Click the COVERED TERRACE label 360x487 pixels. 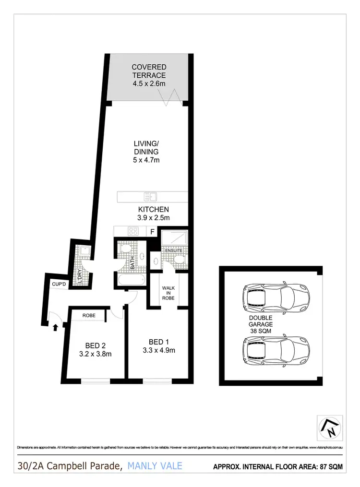coord(149,75)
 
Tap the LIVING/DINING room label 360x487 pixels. coord(146,152)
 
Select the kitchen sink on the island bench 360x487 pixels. coord(149,197)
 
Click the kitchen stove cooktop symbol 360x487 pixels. coord(133,231)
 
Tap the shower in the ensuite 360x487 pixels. coord(174,237)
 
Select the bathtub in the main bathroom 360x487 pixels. coord(129,280)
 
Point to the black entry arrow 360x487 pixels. coord(56,328)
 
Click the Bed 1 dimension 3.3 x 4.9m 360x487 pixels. coord(159,350)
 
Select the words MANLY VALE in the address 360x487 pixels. coord(155,465)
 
